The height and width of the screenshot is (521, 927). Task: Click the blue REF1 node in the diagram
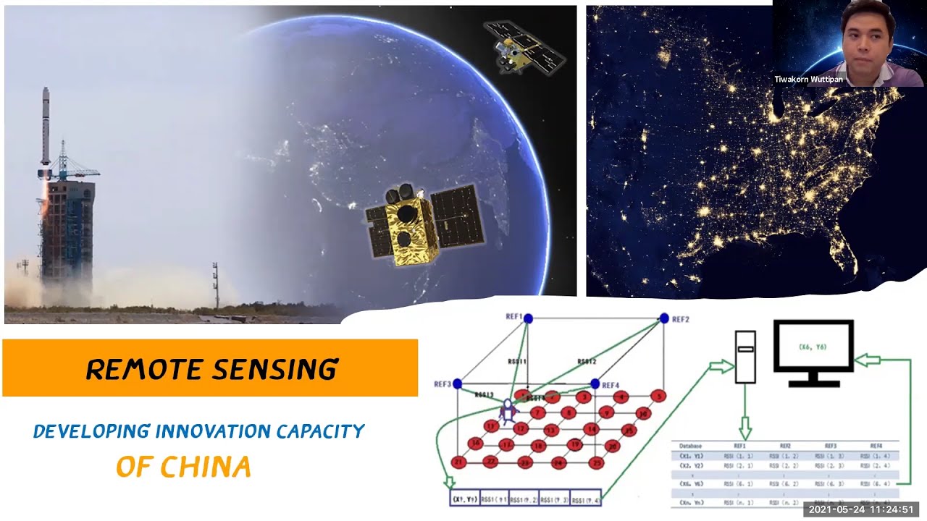pyautogui.click(x=528, y=318)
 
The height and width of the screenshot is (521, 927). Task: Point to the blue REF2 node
pyautogui.click(x=664, y=318)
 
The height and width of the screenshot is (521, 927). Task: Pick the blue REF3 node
pyautogui.click(x=457, y=384)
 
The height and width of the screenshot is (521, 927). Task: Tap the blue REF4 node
pyautogui.click(x=595, y=384)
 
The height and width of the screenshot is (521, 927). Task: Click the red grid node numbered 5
pyautogui.click(x=658, y=396)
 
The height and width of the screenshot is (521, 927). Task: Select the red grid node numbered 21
pyautogui.click(x=458, y=462)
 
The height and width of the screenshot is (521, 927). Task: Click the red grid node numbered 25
pyautogui.click(x=597, y=462)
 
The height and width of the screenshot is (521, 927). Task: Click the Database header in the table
pyautogui.click(x=691, y=446)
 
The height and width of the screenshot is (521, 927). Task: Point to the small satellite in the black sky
pyautogui.click(x=523, y=45)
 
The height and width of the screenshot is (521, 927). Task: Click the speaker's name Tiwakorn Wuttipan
pyautogui.click(x=808, y=80)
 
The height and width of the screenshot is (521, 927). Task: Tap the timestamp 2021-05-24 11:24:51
pyautogui.click(x=860, y=509)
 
